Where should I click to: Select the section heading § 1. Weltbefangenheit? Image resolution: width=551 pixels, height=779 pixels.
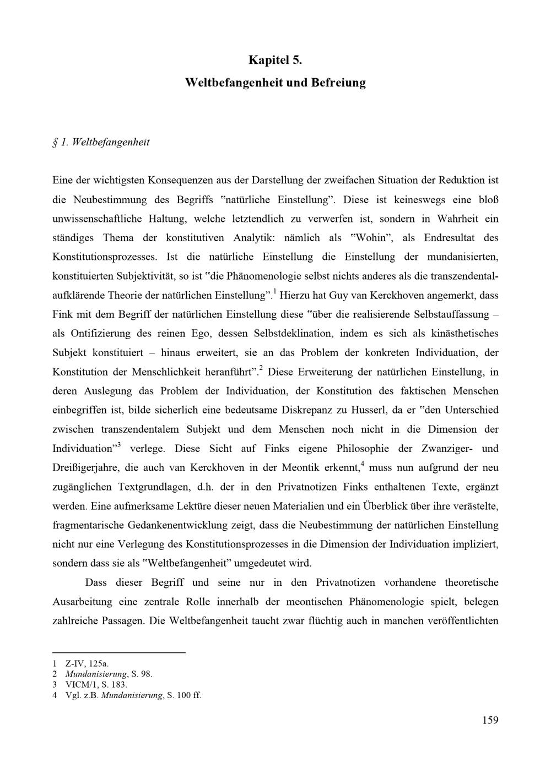(101, 142)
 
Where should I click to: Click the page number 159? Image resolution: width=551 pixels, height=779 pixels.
(489, 720)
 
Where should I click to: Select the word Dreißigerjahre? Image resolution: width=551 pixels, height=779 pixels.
(90, 468)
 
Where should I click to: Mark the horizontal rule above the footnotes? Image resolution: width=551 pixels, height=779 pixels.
(118, 652)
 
